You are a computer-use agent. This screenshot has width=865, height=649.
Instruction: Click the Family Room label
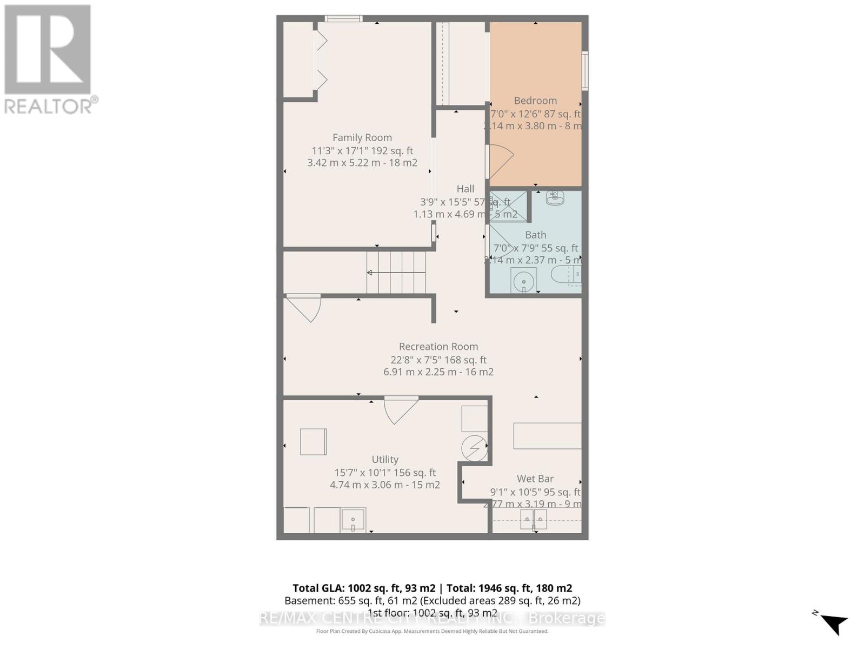pos(362,138)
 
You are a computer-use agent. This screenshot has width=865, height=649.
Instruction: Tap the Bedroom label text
pos(535,101)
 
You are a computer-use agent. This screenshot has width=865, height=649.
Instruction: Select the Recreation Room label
pos(438,347)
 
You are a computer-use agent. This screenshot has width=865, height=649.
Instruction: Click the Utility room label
pos(385,460)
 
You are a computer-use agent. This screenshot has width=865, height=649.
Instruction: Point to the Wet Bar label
pos(535,479)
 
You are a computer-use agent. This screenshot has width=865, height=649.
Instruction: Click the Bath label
pos(535,235)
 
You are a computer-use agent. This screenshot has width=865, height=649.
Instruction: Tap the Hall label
pos(465,189)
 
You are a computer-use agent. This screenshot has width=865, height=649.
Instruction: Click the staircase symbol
pos(396,273)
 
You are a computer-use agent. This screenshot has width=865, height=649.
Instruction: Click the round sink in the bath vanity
pos(523,281)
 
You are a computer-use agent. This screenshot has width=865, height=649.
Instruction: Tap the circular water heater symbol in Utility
pos(474,448)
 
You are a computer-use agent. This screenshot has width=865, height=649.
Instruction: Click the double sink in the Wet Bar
pos(533,519)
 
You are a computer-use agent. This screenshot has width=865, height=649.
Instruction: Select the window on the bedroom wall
pos(585,70)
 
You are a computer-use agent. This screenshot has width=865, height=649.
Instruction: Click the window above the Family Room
pos(343,19)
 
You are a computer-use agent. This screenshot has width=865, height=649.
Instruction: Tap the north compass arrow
pos(834,624)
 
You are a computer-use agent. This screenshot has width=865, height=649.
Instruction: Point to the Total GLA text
pos(432,588)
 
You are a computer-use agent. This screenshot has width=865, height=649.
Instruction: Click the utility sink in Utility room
pos(353,520)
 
